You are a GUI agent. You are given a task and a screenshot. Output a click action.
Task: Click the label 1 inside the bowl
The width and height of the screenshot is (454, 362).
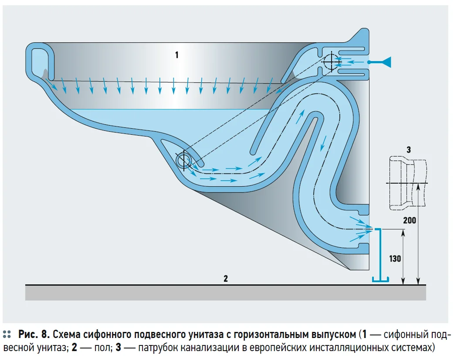[x=176, y=55]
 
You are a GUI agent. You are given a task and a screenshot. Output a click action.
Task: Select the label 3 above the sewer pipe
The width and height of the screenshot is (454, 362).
[x=408, y=150]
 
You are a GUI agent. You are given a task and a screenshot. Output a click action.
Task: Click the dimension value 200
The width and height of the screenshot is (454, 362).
[x=409, y=220]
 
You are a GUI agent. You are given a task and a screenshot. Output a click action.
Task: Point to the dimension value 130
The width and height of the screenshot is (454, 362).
[x=395, y=258]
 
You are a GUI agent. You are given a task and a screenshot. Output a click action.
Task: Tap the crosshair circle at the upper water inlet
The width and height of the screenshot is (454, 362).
[x=331, y=62]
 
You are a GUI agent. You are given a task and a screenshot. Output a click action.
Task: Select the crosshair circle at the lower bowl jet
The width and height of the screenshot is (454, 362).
[x=183, y=160]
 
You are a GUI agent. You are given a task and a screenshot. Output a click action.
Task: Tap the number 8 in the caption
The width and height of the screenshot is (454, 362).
[x=45, y=335]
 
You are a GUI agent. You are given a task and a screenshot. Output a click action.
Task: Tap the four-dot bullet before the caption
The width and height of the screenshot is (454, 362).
[x=7, y=335]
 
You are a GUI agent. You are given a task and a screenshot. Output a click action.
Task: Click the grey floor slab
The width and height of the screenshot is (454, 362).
[x=225, y=293]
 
